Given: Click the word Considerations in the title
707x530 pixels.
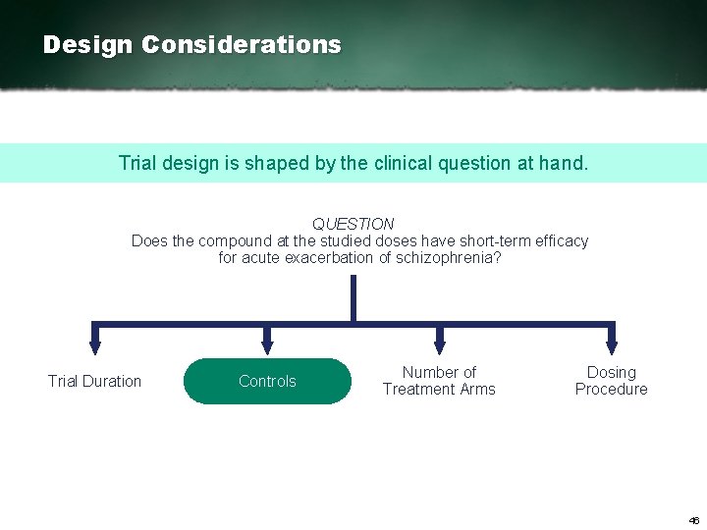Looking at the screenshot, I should [242, 45].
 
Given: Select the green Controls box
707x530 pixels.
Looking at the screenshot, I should [267, 381].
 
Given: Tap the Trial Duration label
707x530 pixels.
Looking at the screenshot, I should [94, 381].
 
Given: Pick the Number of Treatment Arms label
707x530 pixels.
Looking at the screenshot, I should [439, 381].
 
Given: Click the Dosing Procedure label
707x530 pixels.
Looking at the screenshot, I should [611, 381].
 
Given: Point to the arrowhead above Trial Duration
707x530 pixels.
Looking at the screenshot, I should [94, 345].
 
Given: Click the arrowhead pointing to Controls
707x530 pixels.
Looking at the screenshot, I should [266, 345].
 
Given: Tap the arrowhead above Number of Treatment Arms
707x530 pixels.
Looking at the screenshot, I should [439, 345].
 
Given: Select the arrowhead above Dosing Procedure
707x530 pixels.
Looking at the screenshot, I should [611, 345].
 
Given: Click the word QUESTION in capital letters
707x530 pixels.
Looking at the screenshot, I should [353, 224].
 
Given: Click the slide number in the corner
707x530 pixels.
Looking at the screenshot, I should [693, 520].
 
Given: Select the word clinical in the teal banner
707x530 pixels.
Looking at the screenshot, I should [406, 163].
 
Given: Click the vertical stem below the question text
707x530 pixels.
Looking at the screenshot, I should [353, 297].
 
